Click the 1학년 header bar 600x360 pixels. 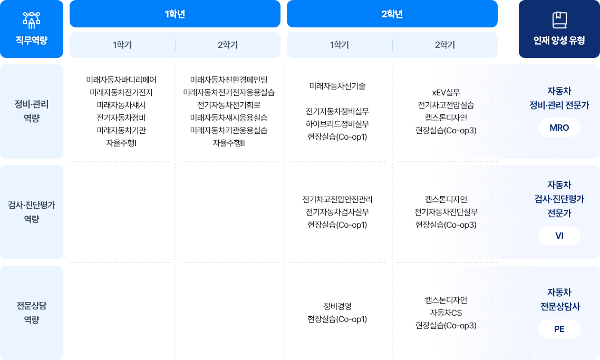[x=175, y=14]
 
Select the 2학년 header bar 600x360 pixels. [x=392, y=14]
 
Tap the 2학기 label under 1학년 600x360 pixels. [x=228, y=45]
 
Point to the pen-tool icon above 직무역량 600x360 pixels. [x=32, y=20]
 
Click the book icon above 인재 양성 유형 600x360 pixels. [x=559, y=20]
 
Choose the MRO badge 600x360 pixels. [x=559, y=128]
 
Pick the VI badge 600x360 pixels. [x=559, y=236]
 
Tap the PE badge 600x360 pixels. [x=559, y=329]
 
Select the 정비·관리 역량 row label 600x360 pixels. [x=32, y=111]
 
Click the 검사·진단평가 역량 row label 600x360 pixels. [x=32, y=212]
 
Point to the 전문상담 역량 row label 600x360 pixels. [x=32, y=313]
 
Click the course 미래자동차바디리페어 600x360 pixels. [x=121, y=80]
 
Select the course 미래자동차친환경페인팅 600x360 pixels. [x=229, y=80]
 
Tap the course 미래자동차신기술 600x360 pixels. [x=337, y=86]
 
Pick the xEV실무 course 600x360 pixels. [x=446, y=93]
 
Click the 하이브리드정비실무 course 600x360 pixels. [x=337, y=124]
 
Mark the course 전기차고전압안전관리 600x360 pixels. [x=337, y=199]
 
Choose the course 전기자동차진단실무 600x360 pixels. [x=446, y=212]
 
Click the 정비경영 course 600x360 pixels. [x=337, y=306]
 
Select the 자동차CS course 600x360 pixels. [x=446, y=313]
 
